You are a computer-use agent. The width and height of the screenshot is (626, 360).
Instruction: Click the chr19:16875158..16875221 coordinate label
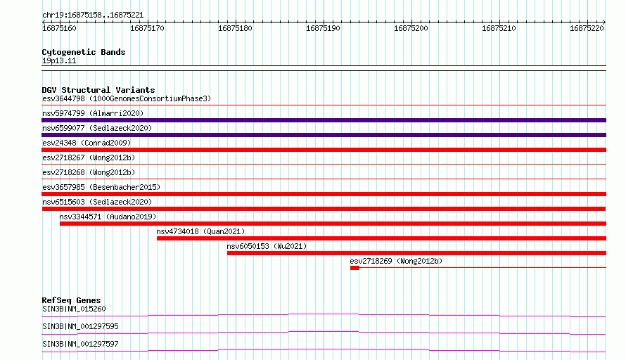tap(93, 15)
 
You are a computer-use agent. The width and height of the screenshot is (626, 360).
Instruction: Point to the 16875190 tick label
tap(323, 28)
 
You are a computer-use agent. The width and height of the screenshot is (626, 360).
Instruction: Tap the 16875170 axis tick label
tap(147, 28)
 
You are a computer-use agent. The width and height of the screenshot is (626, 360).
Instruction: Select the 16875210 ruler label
tap(499, 28)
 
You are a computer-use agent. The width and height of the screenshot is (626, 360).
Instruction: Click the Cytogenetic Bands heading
tap(84, 52)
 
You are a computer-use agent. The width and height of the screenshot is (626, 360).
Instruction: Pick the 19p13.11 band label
tap(59, 60)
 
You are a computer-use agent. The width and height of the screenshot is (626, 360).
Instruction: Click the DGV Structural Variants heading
tap(98, 90)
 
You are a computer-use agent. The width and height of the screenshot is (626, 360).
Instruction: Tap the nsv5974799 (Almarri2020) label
tap(93, 113)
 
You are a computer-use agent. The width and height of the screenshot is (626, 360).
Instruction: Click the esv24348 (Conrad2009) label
tap(87, 143)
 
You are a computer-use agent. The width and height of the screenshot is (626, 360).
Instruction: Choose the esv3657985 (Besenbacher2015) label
tap(101, 187)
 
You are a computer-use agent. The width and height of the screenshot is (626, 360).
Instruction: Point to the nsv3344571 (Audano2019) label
tap(108, 217)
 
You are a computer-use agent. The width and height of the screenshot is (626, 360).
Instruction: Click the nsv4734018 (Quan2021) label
tap(200, 231)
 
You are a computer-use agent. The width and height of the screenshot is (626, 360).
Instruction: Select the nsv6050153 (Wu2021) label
tap(267, 246)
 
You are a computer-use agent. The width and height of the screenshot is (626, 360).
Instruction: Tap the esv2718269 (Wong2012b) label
tap(396, 261)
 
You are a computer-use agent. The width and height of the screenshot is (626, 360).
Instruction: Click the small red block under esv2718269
tap(355, 268)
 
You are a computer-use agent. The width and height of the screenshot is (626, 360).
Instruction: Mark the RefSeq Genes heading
tap(71, 300)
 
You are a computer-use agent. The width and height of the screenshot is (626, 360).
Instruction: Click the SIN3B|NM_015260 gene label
tap(74, 309)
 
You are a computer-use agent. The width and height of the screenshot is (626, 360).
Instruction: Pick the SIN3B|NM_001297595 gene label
tap(80, 326)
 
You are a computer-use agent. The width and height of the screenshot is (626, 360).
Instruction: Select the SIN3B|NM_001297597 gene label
tap(80, 344)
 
